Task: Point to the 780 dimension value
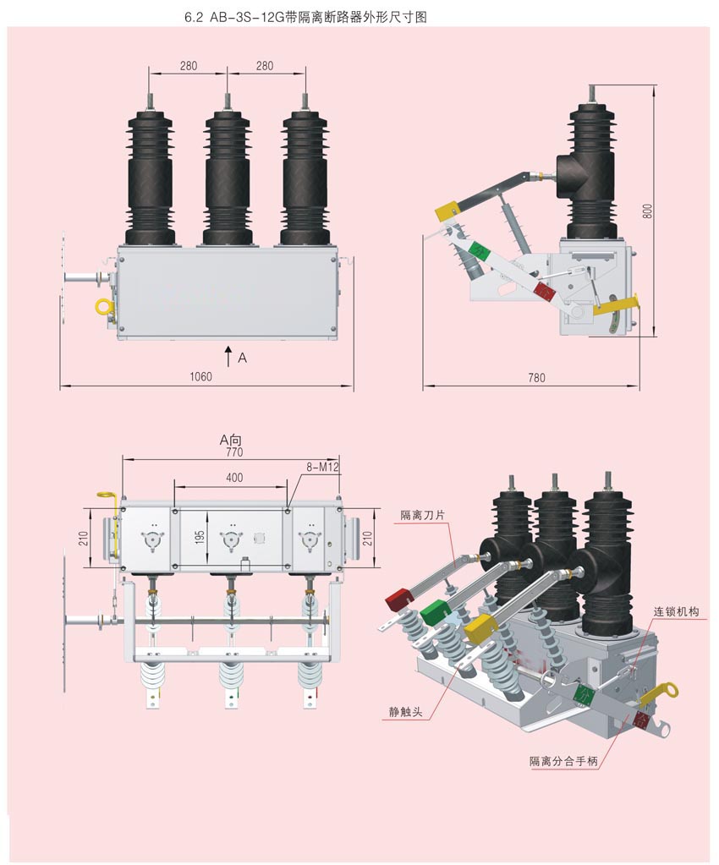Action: tap(536, 377)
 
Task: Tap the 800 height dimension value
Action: tap(648, 211)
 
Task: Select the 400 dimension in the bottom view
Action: tap(234, 478)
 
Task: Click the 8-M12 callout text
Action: tap(322, 466)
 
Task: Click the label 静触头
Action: tap(405, 712)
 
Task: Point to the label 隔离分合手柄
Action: tap(563, 762)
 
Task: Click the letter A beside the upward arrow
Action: tap(243, 358)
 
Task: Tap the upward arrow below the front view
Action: tap(228, 354)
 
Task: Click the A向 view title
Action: tap(231, 440)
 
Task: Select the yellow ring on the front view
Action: tap(102, 304)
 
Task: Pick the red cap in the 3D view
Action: tap(398, 599)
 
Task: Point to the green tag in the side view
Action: tap(478, 251)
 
